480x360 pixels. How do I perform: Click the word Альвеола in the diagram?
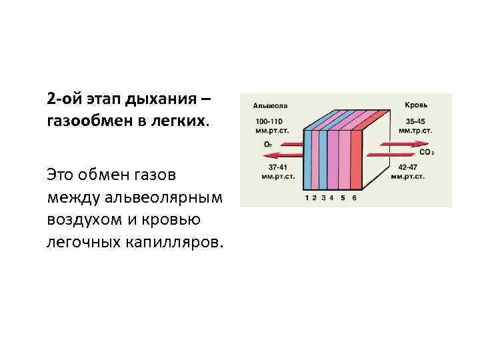click(270, 105)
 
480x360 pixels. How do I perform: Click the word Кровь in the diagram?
click(417, 105)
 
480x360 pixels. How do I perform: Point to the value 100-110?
click(270, 122)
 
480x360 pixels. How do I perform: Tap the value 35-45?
click(416, 122)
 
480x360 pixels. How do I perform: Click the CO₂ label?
click(427, 153)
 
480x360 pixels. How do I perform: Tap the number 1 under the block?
click(307, 198)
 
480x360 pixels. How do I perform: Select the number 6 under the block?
click(354, 198)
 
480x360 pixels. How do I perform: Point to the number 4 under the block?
click(331, 198)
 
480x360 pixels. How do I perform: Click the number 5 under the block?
click(343, 198)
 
